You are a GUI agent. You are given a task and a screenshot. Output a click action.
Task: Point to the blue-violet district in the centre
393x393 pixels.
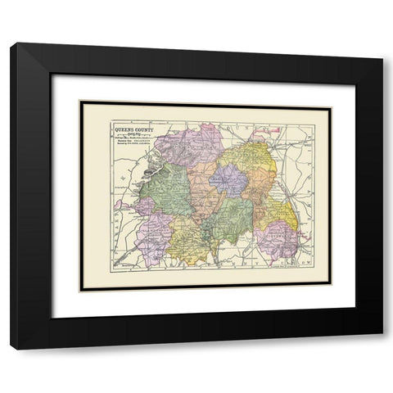[228, 181]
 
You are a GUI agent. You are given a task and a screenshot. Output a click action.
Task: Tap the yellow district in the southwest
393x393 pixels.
[189, 239]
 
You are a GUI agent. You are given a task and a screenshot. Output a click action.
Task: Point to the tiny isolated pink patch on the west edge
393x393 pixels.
[120, 204]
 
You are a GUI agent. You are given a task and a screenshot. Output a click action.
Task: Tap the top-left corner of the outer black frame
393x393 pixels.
[11, 43]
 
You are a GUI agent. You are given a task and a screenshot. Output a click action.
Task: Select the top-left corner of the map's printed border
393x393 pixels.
[81, 102]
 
